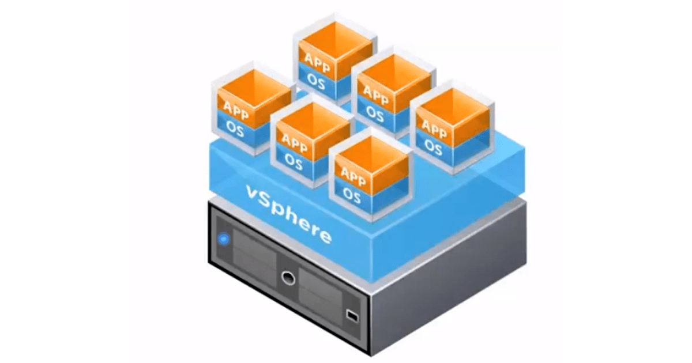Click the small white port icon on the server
[x=352, y=315]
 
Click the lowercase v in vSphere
[x=252, y=193]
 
